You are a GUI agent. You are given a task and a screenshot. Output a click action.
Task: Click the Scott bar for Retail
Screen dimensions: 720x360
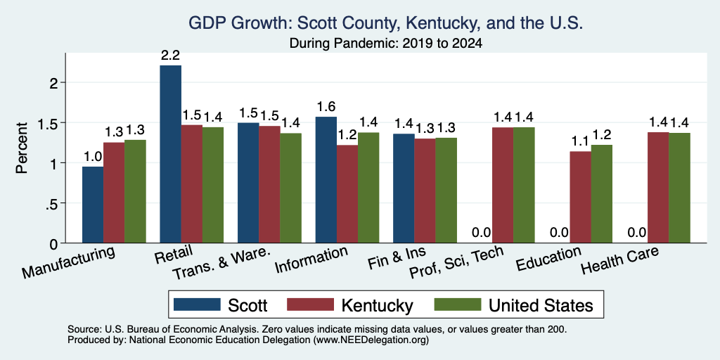pos(170,154)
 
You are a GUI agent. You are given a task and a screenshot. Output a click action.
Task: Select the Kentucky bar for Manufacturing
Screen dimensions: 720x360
pos(114,193)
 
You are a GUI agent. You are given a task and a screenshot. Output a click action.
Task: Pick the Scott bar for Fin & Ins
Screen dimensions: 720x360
pos(404,188)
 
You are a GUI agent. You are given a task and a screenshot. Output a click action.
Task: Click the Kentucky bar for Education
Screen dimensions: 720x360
pos(580,197)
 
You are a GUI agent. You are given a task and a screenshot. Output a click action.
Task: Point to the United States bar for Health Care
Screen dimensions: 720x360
pos(680,188)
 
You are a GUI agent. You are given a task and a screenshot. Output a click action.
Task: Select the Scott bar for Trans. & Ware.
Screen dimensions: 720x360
pos(248,183)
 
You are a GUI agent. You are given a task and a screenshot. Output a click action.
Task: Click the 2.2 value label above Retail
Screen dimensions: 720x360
pos(170,56)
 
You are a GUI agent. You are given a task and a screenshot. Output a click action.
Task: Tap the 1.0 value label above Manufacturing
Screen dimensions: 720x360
pos(93,157)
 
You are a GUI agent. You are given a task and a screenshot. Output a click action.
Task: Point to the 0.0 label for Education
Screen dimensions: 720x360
pos(559,233)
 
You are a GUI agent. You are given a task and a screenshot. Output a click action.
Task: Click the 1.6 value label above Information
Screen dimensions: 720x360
pos(326,107)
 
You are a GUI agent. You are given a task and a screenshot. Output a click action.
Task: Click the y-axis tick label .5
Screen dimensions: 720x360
pos(53,203)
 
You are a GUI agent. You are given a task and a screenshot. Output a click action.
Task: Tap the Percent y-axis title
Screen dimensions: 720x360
pos(22,148)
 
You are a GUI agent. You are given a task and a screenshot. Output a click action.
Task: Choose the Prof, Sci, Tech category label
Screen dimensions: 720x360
pos(456,263)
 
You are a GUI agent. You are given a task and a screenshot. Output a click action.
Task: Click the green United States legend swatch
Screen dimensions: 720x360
pos(457,305)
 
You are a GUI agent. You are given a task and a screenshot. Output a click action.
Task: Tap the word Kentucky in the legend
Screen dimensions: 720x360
pos(378,305)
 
